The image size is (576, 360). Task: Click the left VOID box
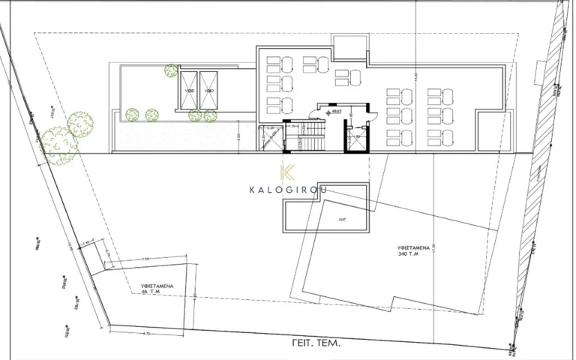coord(188,90)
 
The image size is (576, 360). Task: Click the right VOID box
coord(208,90)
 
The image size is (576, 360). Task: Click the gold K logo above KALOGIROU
coord(288,172)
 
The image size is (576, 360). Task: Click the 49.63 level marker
coord(337,111)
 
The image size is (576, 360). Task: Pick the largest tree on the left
coord(59,144)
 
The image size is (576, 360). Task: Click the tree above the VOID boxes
coord(171,71)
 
